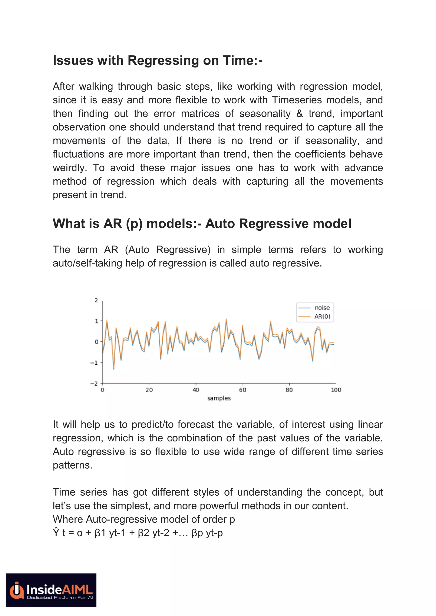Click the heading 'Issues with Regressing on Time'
(x=157, y=60)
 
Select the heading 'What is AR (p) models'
(x=202, y=224)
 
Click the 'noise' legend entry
(x=322, y=308)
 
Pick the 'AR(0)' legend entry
(x=322, y=316)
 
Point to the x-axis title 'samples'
(x=219, y=398)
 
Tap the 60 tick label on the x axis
(x=242, y=390)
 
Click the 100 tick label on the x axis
(x=336, y=390)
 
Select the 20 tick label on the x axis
(x=149, y=390)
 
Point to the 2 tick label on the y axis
(x=96, y=300)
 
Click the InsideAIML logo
(x=51, y=590)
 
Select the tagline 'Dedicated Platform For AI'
(x=60, y=597)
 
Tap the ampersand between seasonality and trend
(x=300, y=114)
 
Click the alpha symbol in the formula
(x=80, y=533)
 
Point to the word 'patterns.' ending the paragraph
(x=72, y=465)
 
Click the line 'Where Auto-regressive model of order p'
(x=144, y=519)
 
